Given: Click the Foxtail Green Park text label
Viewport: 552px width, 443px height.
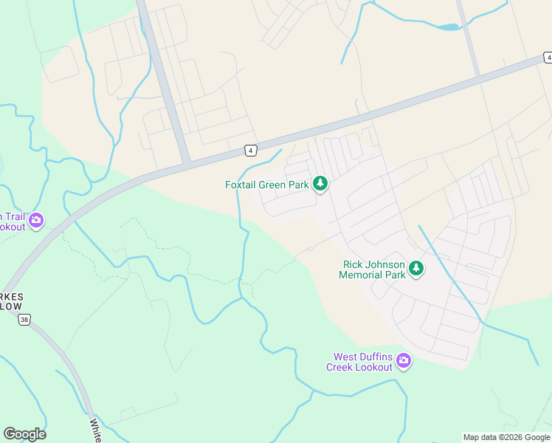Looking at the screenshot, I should click(x=267, y=185).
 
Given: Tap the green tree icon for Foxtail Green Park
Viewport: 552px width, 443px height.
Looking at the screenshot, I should click(x=320, y=184).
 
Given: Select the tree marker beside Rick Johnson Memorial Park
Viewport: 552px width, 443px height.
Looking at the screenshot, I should click(x=417, y=269).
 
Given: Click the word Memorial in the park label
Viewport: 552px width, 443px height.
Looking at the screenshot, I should click(x=361, y=275).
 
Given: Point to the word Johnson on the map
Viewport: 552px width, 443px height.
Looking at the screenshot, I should click(x=386, y=264).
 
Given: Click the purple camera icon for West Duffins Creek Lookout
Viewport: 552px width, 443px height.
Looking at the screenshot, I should click(x=404, y=361).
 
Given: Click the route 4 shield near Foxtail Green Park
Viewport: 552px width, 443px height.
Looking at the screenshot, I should click(x=251, y=151).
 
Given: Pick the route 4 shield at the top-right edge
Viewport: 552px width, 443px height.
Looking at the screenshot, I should click(x=548, y=57).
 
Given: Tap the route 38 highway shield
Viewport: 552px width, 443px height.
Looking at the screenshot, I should click(x=25, y=320).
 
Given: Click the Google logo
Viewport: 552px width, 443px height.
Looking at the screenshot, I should click(x=24, y=434).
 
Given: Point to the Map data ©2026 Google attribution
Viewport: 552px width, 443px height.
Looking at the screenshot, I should click(x=506, y=437).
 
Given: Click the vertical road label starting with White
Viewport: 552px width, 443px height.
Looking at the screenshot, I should click(x=96, y=430).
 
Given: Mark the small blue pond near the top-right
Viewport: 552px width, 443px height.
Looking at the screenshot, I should click(x=449, y=27).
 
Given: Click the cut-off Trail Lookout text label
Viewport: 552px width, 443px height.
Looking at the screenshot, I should click(x=13, y=221).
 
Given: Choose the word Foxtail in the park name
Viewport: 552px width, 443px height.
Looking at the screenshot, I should click(x=242, y=185).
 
